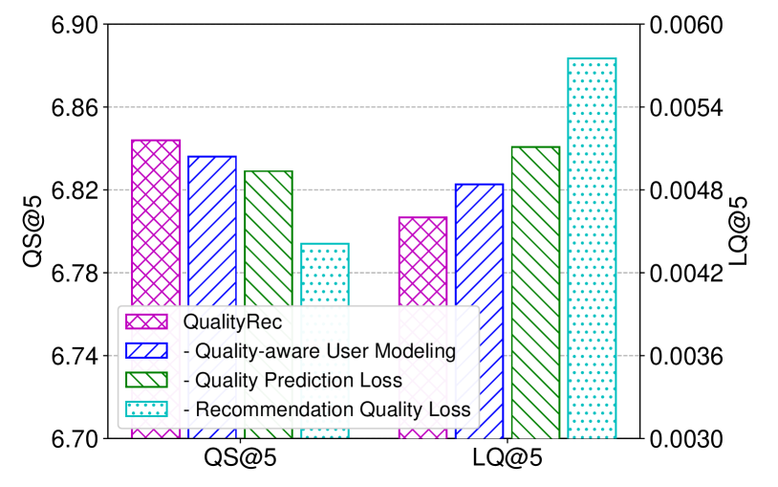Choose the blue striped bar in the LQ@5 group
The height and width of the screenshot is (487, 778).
coord(479,311)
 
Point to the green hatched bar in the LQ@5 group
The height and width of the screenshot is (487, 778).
coord(535,293)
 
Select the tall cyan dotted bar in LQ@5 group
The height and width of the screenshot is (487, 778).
coord(592,249)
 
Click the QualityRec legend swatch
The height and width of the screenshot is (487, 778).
coord(146,322)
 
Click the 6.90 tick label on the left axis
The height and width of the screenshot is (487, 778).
coord(74,24)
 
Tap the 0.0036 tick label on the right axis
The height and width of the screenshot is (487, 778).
coord(686,356)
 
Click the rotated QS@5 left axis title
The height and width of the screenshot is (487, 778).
coord(32,232)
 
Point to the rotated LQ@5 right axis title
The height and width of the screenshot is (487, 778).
coord(739,232)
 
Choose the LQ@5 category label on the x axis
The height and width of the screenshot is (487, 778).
coord(508,458)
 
